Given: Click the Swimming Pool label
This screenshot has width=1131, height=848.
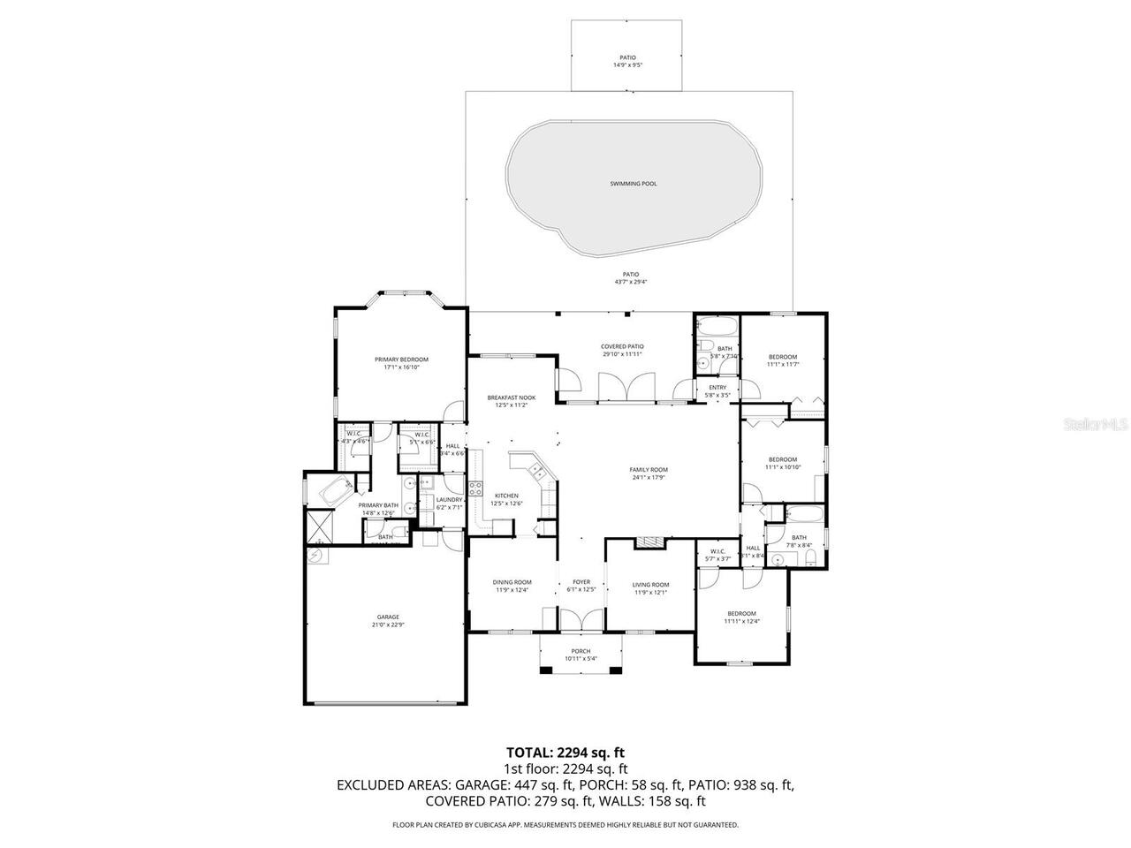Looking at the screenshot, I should pyautogui.click(x=634, y=184).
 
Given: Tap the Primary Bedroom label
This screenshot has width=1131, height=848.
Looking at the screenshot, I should pyautogui.click(x=401, y=360).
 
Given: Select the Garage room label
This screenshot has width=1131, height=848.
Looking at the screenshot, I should pyautogui.click(x=388, y=617).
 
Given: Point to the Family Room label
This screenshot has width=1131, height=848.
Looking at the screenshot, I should pyautogui.click(x=648, y=470).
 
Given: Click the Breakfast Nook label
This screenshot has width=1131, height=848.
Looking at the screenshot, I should pyautogui.click(x=512, y=398).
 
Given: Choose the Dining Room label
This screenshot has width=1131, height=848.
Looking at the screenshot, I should pyautogui.click(x=512, y=582).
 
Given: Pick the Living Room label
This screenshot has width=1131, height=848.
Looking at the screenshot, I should pyautogui.click(x=650, y=585).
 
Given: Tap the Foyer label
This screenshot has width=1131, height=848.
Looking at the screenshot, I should pyautogui.click(x=581, y=582).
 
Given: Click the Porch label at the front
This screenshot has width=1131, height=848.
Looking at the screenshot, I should pyautogui.click(x=581, y=651).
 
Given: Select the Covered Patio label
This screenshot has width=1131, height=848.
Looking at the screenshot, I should pyautogui.click(x=622, y=346).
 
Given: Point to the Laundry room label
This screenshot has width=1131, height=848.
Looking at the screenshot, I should pyautogui.click(x=449, y=500).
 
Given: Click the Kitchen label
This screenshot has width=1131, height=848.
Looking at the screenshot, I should pyautogui.click(x=506, y=496).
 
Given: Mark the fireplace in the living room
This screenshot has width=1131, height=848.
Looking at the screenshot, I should pyautogui.click(x=649, y=541).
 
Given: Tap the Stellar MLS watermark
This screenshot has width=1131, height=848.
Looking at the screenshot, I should pyautogui.click(x=1097, y=425).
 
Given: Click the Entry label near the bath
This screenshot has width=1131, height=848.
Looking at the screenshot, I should pyautogui.click(x=717, y=388).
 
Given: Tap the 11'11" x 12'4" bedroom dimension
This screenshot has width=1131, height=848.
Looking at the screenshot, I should pyautogui.click(x=741, y=621).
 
